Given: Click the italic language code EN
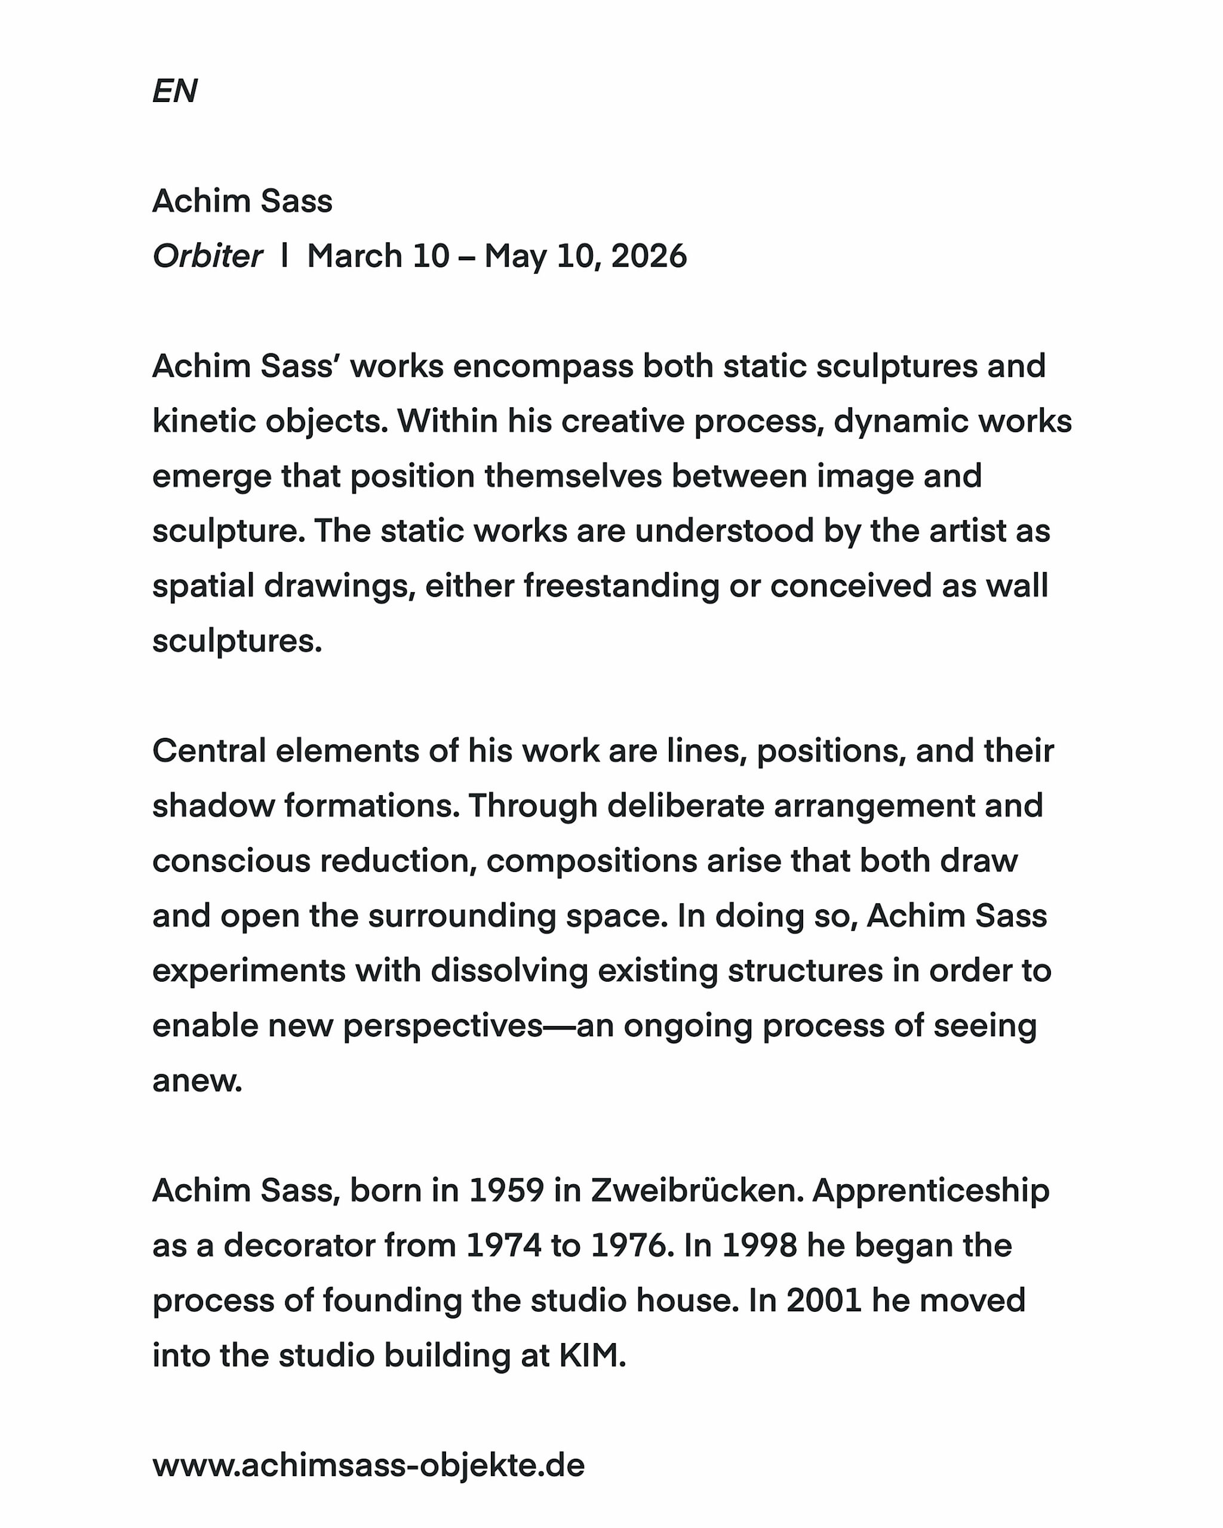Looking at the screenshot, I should pos(174,91).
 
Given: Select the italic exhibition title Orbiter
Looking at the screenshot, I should pos(207,257).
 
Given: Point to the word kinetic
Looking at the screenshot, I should pos(204,421).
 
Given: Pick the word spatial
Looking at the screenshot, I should pos(204,587).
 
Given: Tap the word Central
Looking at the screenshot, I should pos(209,751).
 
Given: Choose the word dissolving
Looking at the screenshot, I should pos(509,971).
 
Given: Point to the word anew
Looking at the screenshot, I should pos(197,1082).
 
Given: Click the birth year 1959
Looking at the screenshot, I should pos(506,1191).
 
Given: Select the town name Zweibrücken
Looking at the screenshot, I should pos(697,1191).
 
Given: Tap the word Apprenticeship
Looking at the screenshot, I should pos(930,1191).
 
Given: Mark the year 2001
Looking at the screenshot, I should pos(824,1301).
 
